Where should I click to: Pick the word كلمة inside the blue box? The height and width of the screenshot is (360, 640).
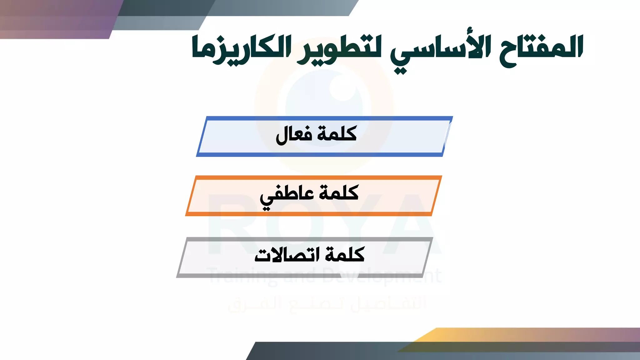tap(337, 134)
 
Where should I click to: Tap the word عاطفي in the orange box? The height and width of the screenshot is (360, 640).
tap(283, 196)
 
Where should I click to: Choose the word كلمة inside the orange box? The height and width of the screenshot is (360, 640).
tap(339, 192)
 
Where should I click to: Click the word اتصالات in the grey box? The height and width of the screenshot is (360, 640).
tap(287, 255)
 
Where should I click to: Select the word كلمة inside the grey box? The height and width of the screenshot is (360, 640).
tap(345, 254)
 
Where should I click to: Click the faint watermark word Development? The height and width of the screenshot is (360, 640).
tap(381, 276)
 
